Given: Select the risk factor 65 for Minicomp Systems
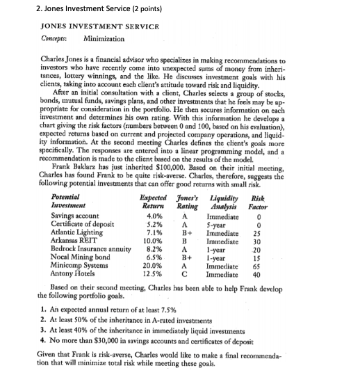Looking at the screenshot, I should [x=276, y=244].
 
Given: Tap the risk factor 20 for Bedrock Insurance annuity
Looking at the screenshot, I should [x=276, y=228].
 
